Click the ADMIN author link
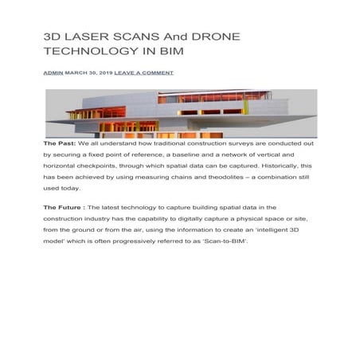pos(53,72)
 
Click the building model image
pos(179,113)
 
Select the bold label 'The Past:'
pos(61,143)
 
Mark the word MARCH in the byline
pos(77,72)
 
